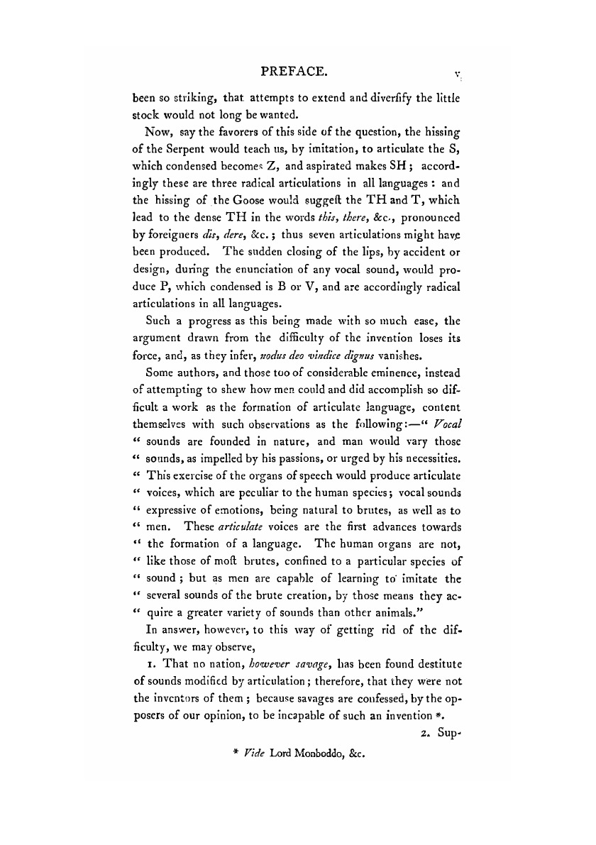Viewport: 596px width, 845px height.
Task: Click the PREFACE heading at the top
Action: (294, 71)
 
